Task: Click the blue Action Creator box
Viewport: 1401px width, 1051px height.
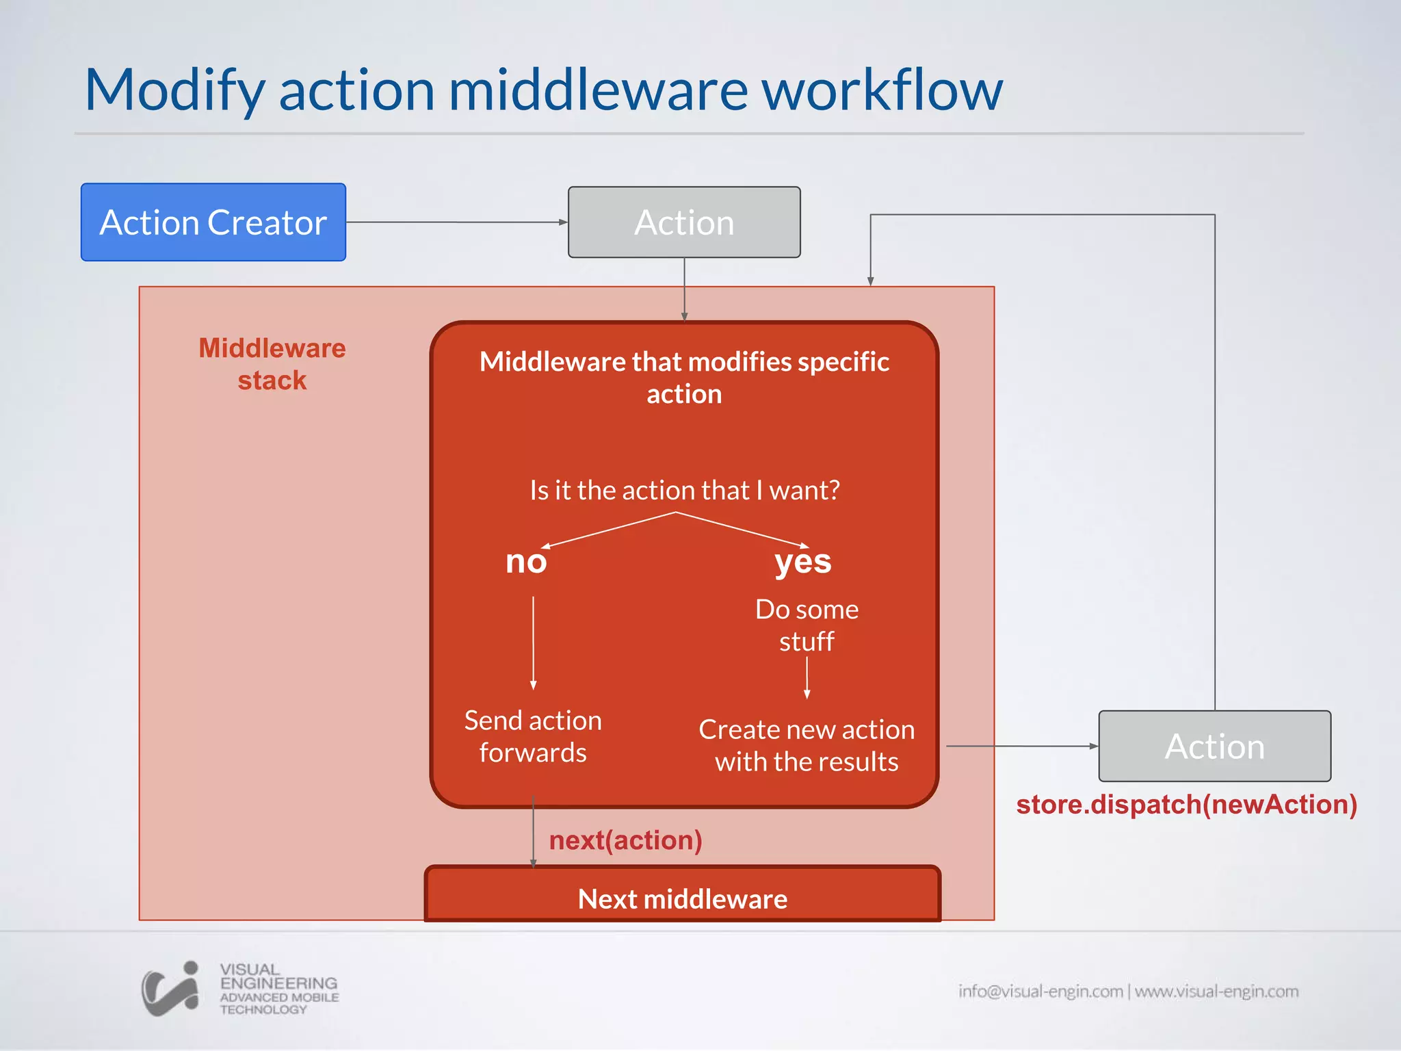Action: tap(213, 222)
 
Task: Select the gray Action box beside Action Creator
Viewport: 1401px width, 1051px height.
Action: tap(683, 222)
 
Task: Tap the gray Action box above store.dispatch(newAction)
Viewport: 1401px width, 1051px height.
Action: tap(1214, 746)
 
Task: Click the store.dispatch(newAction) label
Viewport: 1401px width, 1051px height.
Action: tap(1186, 805)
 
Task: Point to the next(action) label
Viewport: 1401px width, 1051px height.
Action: tap(625, 840)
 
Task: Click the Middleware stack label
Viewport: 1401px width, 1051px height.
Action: tap(272, 364)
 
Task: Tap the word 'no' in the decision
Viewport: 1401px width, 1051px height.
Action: tap(525, 562)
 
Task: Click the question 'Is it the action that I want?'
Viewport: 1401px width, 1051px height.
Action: tap(684, 490)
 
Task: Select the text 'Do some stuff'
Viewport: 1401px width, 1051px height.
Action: tap(807, 625)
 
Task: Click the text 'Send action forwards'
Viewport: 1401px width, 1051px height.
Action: tap(533, 736)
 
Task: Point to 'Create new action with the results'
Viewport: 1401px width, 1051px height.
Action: tap(807, 745)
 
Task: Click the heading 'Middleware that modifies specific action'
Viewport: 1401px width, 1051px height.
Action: tap(684, 377)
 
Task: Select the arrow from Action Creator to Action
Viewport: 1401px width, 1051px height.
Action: tap(456, 222)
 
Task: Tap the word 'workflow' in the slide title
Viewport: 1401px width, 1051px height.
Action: tap(882, 90)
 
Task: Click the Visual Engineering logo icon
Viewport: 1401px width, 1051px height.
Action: tap(170, 989)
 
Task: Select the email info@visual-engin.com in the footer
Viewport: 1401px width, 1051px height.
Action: tap(1040, 991)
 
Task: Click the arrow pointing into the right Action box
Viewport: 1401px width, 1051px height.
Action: tap(1022, 746)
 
